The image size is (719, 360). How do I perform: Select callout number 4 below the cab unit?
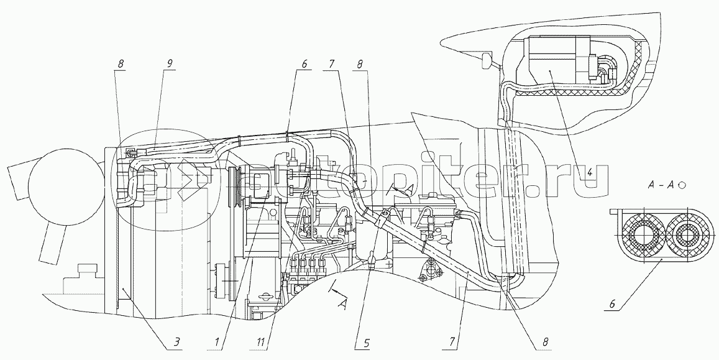[x=590, y=174]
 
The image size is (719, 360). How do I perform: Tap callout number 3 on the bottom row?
[x=176, y=341]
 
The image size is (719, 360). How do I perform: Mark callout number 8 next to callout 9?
[x=120, y=63]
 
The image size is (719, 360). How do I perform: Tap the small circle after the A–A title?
[x=682, y=185]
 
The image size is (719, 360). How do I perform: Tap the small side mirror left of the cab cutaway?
[x=487, y=60]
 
